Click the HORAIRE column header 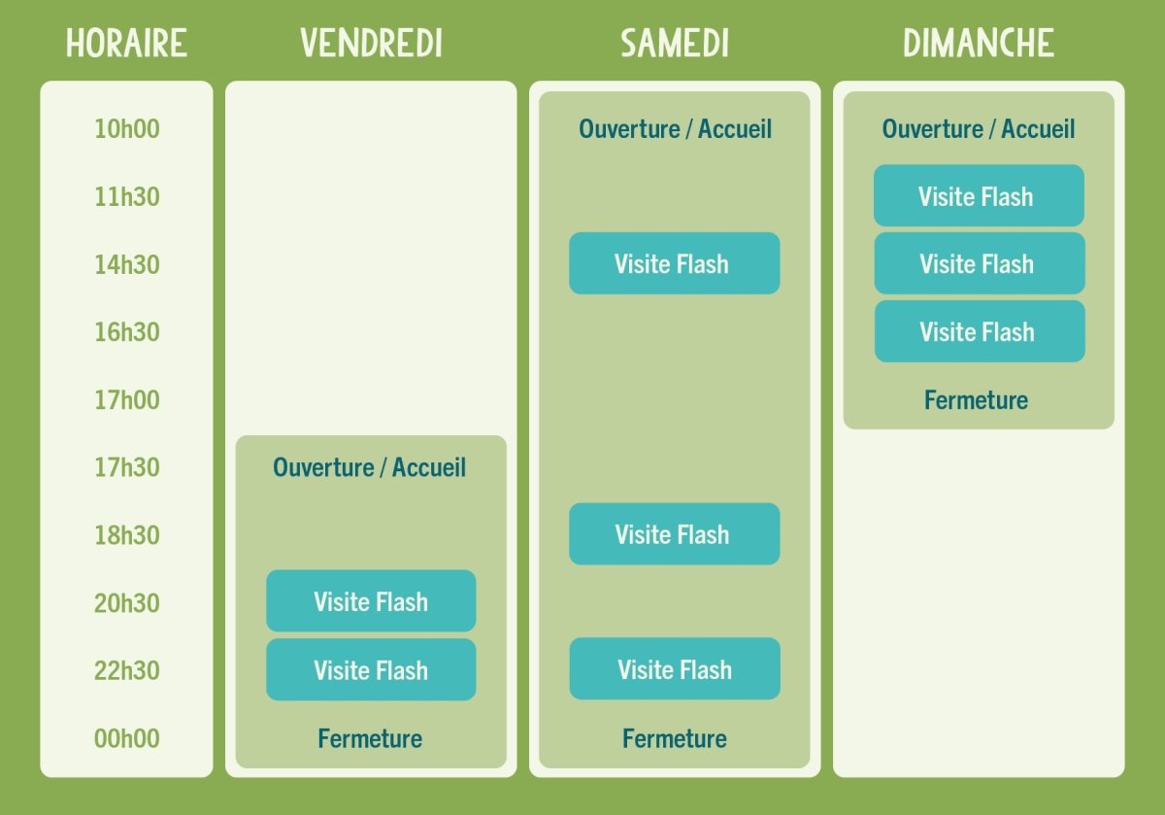[x=126, y=44]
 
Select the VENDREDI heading [x=371, y=44]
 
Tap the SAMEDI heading [x=675, y=44]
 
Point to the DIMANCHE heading [x=978, y=44]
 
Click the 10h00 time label [x=126, y=129]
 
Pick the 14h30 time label [x=126, y=264]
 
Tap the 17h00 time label [x=126, y=399]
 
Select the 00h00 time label [x=126, y=738]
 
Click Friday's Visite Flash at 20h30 [x=371, y=601]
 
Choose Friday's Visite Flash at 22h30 [x=371, y=669]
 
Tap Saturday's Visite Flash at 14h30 [x=674, y=263]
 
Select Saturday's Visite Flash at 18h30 [x=674, y=534]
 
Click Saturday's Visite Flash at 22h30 [x=674, y=669]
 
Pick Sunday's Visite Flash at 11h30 [x=979, y=196]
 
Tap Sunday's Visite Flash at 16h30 [x=979, y=331]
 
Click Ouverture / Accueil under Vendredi [x=370, y=467]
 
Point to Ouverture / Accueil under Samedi [x=675, y=129]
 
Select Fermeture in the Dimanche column [x=976, y=400]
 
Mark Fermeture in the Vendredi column [x=370, y=738]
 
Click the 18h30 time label [x=126, y=535]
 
